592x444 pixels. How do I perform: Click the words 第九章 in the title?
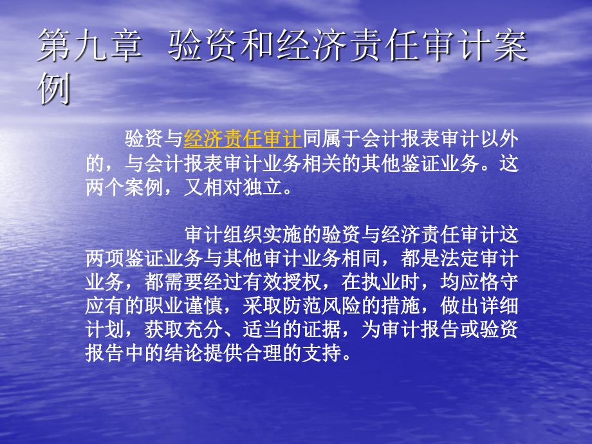[90, 46]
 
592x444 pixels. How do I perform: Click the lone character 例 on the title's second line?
[54, 89]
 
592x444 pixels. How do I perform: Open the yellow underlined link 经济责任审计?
[243, 139]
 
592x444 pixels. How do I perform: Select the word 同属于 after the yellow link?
[331, 139]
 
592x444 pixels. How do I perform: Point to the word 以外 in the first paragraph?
[499, 139]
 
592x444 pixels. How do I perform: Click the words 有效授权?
[282, 282]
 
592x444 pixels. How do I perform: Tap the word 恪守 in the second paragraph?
[499, 282]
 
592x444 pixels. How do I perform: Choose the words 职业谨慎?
[183, 306]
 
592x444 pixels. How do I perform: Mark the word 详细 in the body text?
[499, 306]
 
